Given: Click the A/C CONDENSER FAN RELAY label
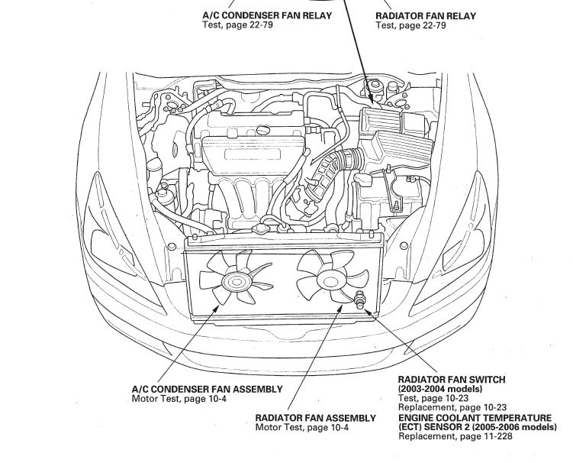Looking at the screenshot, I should pos(267,16).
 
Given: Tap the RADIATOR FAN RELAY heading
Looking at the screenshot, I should pos(425,16).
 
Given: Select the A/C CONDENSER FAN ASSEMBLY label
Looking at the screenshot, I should pos(207,389).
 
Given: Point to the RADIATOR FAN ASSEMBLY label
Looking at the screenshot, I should pos(315,418).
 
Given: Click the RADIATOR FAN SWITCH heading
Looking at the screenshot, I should pos(452,380).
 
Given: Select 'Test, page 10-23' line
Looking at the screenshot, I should pos(434,398).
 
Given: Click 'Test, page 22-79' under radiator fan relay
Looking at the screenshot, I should pos(410,26).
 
